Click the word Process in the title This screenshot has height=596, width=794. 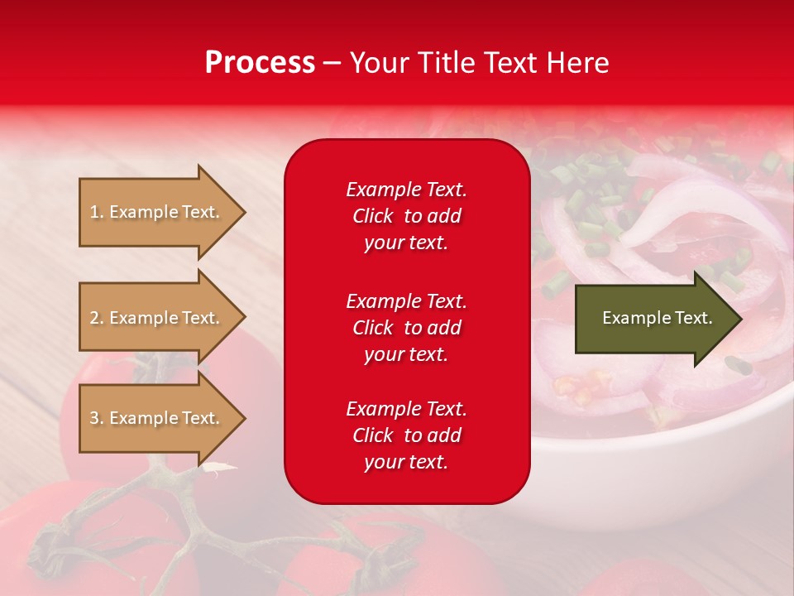coord(260,63)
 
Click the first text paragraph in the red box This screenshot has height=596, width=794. coord(406,216)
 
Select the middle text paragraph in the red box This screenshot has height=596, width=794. coord(406,328)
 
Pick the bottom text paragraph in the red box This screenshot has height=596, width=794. coord(406,435)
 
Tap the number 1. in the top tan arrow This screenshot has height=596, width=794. coord(97,212)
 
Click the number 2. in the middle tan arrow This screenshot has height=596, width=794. coord(97,318)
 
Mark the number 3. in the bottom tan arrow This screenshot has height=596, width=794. coord(97,418)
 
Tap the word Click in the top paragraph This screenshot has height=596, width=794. coord(373,216)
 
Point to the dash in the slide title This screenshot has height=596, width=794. coord(332,63)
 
